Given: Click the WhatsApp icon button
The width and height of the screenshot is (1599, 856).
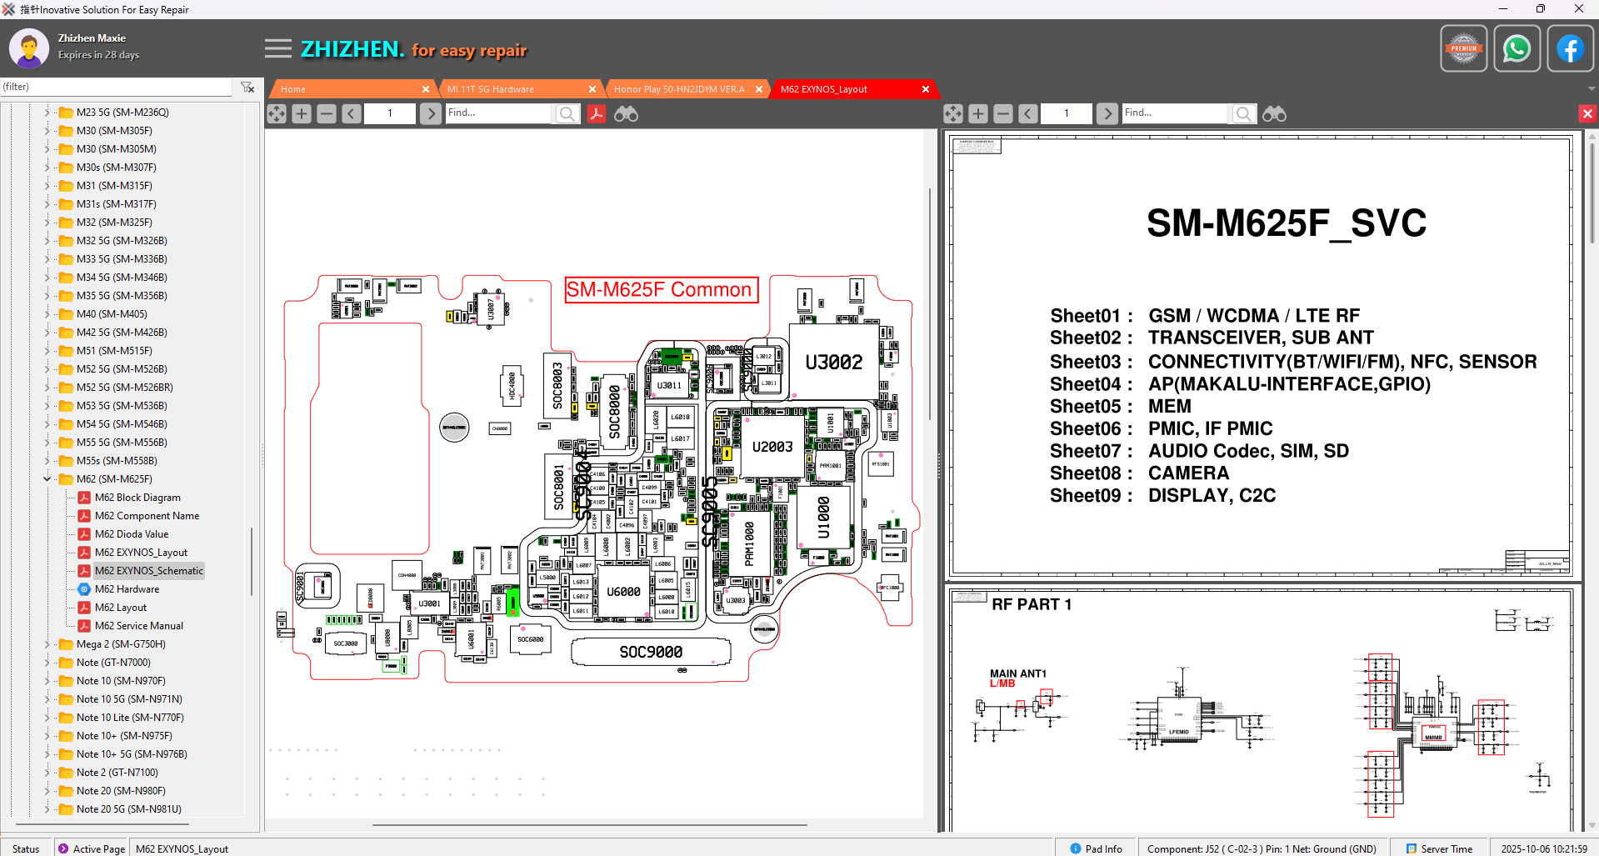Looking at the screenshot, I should pyautogui.click(x=1517, y=49).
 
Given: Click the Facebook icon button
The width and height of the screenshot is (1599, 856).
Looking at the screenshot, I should pyautogui.click(x=1570, y=49).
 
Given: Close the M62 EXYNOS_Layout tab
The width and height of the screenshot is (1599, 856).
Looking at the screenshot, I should pyautogui.click(x=925, y=89).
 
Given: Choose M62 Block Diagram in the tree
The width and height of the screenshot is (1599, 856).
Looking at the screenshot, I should pyautogui.click(x=137, y=498).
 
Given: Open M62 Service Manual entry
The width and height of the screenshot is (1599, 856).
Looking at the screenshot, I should pyautogui.click(x=138, y=626).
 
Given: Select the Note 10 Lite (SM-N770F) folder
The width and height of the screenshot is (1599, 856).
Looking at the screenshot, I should pyautogui.click(x=130, y=718).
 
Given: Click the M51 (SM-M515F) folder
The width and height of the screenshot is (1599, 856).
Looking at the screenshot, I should pyautogui.click(x=114, y=351).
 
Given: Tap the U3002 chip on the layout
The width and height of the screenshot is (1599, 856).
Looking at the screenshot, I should pyautogui.click(x=833, y=363).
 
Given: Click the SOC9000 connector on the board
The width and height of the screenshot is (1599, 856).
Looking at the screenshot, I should pyautogui.click(x=651, y=652).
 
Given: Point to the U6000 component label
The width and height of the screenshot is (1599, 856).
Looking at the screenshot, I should pyautogui.click(x=623, y=592).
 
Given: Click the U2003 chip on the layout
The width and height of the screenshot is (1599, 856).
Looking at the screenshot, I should pyautogui.click(x=772, y=447).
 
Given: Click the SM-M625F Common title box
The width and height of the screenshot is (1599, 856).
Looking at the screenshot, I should pyautogui.click(x=661, y=290).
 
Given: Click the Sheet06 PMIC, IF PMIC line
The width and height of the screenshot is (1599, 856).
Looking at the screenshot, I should pyautogui.click(x=1161, y=429).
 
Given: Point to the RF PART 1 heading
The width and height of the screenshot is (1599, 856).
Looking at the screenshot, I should pyautogui.click(x=1032, y=604).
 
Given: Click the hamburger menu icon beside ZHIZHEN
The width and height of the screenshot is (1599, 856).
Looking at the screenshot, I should pyautogui.click(x=278, y=49).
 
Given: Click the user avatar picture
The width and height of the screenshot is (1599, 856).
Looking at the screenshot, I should pyautogui.click(x=29, y=48).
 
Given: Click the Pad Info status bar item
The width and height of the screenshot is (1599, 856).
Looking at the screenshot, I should pyautogui.click(x=1097, y=848).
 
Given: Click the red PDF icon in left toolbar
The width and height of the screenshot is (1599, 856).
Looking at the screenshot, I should pyautogui.click(x=597, y=113).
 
